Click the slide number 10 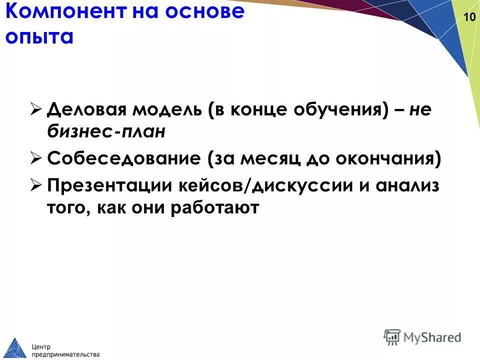[x=469, y=17]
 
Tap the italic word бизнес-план [x=106, y=132]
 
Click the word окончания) [x=392, y=160]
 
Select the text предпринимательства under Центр [x=65, y=353]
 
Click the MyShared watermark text [x=432, y=338]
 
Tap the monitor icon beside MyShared [x=392, y=337]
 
